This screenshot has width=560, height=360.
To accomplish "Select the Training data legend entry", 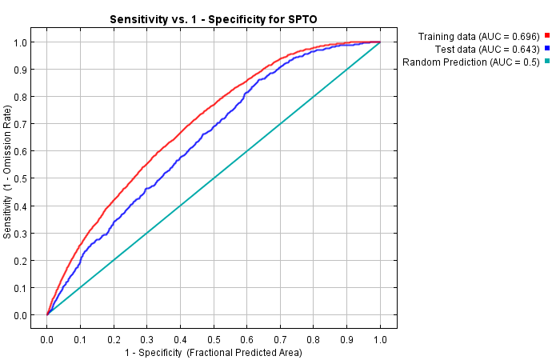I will (x=479, y=36).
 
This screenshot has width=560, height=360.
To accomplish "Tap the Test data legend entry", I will (x=486, y=49).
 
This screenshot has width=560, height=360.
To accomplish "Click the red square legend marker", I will (x=547, y=36).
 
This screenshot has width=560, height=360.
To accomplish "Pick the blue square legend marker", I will (x=547, y=49).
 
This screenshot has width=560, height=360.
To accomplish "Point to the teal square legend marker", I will (x=547, y=62).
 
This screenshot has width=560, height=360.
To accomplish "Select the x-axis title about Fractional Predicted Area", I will (x=214, y=353).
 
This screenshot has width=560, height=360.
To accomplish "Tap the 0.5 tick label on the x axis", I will (x=214, y=340).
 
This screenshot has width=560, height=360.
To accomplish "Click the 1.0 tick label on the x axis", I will (x=380, y=340).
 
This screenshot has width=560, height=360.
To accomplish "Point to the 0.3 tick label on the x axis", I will (x=147, y=340).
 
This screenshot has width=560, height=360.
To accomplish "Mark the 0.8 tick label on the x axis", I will (x=314, y=340).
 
